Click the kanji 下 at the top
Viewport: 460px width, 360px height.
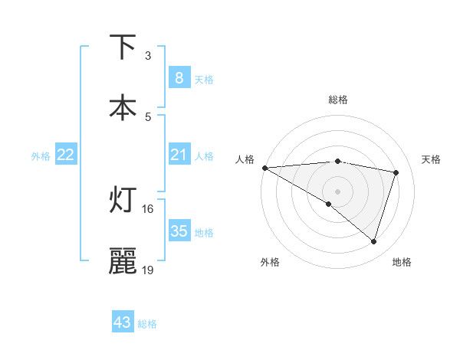click(123, 47)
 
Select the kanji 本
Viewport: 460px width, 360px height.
click(123, 107)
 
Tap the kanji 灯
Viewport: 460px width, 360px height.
click(123, 200)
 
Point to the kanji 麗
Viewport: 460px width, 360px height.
click(123, 261)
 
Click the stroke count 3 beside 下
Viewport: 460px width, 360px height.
click(148, 56)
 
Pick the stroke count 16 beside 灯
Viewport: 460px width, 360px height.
click(148, 208)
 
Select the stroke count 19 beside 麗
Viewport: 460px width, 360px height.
click(148, 270)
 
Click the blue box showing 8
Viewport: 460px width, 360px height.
click(179, 77)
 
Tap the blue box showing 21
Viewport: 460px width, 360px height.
click(179, 155)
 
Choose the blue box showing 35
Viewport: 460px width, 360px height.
click(179, 231)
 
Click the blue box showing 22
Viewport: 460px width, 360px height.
click(66, 155)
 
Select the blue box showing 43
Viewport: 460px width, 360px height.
click(123, 322)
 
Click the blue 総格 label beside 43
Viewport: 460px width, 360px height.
click(147, 324)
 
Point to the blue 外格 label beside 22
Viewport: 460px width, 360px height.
click(41, 156)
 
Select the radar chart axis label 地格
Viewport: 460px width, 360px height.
click(402, 262)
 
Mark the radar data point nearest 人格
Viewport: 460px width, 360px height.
click(264, 168)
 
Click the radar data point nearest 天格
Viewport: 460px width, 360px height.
click(396, 172)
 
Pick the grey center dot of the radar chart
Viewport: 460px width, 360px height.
click(337, 191)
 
